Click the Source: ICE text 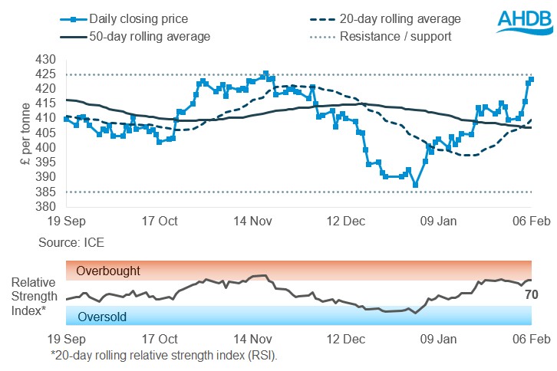tap(71, 242)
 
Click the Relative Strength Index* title tap(31, 293)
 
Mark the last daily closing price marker tap(532, 80)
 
